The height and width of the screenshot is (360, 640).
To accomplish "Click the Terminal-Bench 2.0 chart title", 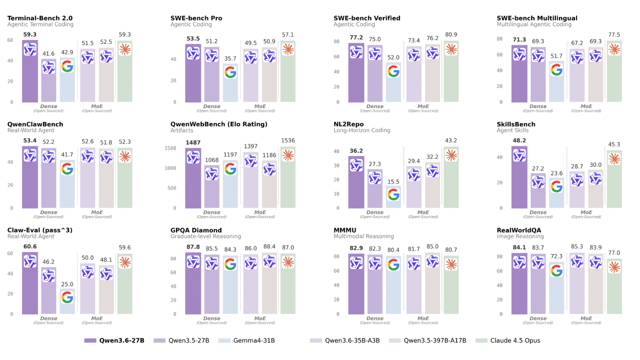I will pyautogui.click(x=40, y=18).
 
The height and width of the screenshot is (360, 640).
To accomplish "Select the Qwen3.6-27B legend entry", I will pyautogui.click(x=115, y=340).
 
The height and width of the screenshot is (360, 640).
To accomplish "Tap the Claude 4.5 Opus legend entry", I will pyautogui.click(x=508, y=340).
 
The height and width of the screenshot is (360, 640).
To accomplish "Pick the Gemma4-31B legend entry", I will pyautogui.click(x=247, y=340).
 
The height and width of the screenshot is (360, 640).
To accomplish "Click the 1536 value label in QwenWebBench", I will pyautogui.click(x=288, y=141).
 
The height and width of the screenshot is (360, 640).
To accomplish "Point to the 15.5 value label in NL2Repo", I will pyautogui.click(x=394, y=182).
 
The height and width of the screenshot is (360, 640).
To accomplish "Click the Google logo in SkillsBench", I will pyautogui.click(x=557, y=186).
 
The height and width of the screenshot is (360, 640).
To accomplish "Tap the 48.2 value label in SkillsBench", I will pyautogui.click(x=519, y=141).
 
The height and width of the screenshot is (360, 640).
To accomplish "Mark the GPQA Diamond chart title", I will pyautogui.click(x=196, y=230).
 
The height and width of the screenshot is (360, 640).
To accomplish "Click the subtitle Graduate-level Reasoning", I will pyautogui.click(x=206, y=237).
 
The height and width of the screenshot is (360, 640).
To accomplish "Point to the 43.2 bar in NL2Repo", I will pyautogui.click(x=451, y=183).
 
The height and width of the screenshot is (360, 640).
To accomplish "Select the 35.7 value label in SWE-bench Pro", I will pyautogui.click(x=230, y=59).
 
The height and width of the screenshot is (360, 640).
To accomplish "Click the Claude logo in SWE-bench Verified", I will pyautogui.click(x=451, y=49).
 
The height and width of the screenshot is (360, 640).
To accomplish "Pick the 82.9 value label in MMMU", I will pyautogui.click(x=356, y=247).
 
